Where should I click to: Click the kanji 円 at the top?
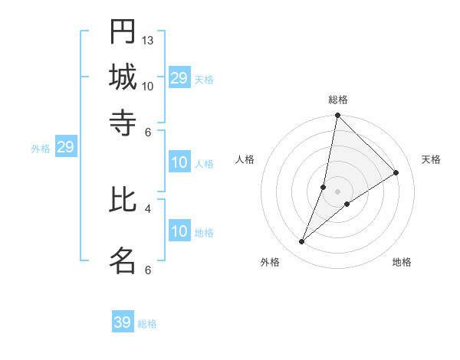pyautogui.click(x=123, y=31)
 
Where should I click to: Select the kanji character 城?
pyautogui.click(x=123, y=77)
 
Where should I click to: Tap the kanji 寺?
pyautogui.click(x=123, y=122)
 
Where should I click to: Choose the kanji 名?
pyautogui.click(x=123, y=260)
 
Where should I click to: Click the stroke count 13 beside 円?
pyautogui.click(x=148, y=40)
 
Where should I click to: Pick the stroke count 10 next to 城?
pyautogui.click(x=148, y=86)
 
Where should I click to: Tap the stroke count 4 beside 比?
pyautogui.click(x=148, y=208)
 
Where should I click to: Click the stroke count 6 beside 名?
pyautogui.click(x=148, y=270)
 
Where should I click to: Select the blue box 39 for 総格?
pyautogui.click(x=123, y=322)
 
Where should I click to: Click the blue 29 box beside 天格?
pyautogui.click(x=179, y=78)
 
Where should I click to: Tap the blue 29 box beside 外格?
pyautogui.click(x=65, y=148)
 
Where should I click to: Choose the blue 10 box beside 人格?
pyautogui.click(x=179, y=162)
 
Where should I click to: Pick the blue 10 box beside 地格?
pyautogui.click(x=179, y=232)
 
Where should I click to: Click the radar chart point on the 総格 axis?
pyautogui.click(x=337, y=116)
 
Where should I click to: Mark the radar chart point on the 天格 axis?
pyautogui.click(x=396, y=173)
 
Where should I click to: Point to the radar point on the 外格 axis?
pyautogui.click(x=302, y=242)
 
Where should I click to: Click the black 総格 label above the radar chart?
pyautogui.click(x=337, y=100)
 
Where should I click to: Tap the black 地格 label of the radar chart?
pyautogui.click(x=402, y=263)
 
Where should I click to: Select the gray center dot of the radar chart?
pyautogui.click(x=337, y=191)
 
